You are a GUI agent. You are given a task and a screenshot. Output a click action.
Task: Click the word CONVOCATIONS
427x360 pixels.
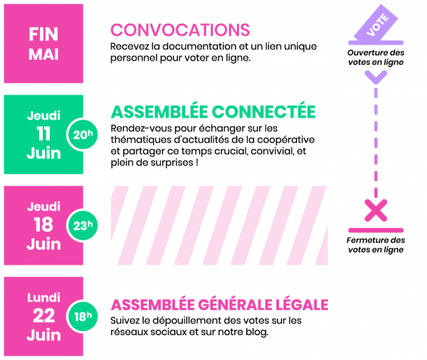(x=180, y=30)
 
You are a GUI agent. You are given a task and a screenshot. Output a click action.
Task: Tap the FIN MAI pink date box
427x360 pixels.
(x=43, y=43)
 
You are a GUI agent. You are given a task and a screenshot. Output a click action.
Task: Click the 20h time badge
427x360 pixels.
(x=83, y=134)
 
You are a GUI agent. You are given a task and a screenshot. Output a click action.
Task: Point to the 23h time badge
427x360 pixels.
(x=83, y=226)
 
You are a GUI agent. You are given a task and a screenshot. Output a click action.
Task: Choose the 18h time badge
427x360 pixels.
(x=83, y=317)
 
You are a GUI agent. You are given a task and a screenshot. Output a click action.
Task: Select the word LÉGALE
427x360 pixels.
(x=304, y=305)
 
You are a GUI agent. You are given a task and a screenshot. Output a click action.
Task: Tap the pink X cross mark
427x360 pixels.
(x=376, y=210)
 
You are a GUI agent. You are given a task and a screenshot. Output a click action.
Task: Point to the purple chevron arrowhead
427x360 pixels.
(x=376, y=76)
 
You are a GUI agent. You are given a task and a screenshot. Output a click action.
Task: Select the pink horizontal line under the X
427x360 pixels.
(x=376, y=231)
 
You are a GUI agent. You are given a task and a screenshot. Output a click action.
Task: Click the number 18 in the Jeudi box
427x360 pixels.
(x=43, y=225)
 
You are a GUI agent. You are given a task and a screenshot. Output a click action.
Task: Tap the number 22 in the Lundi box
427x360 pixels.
(x=43, y=316)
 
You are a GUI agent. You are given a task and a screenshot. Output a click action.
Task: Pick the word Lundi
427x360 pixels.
(x=43, y=297)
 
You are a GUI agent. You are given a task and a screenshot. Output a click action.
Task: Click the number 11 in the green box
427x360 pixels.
(x=43, y=133)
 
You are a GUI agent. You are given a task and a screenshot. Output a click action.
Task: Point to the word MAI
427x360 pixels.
(x=43, y=54)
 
